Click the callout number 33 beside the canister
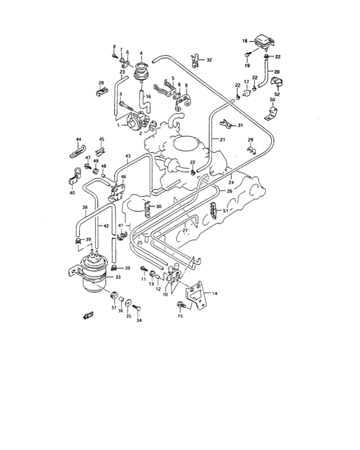118,278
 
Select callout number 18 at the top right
244,41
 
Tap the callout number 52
277,94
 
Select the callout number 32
209,60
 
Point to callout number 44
78,139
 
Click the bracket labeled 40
73,177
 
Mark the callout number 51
225,210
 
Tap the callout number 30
159,206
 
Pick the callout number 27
184,230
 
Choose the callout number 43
127,157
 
